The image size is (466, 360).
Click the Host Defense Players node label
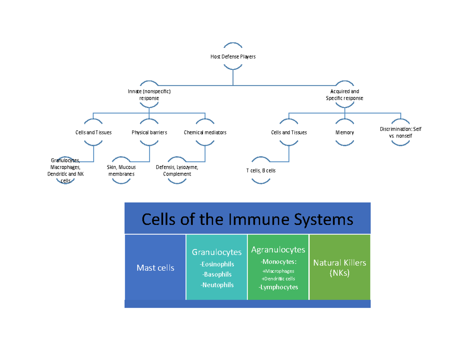(x=233, y=57)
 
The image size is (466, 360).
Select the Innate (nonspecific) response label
(x=149, y=95)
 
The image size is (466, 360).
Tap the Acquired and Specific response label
(x=344, y=95)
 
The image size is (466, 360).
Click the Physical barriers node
(x=149, y=132)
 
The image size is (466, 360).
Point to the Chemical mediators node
(x=205, y=132)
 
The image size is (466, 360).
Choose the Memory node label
(x=344, y=132)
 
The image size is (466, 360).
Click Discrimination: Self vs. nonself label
(x=400, y=132)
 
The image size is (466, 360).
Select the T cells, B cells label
(x=261, y=170)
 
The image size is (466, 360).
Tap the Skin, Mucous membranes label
(x=121, y=170)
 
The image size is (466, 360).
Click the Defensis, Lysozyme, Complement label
(x=177, y=170)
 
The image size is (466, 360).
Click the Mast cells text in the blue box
(x=155, y=268)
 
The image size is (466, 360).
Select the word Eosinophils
(x=217, y=264)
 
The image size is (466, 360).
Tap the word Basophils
(x=217, y=275)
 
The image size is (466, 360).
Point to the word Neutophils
(x=217, y=285)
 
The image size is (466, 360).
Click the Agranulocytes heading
(x=278, y=250)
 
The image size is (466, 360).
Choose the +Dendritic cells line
(x=278, y=279)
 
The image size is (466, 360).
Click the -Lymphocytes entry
(x=278, y=287)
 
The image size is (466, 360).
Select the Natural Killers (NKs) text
(x=339, y=268)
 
